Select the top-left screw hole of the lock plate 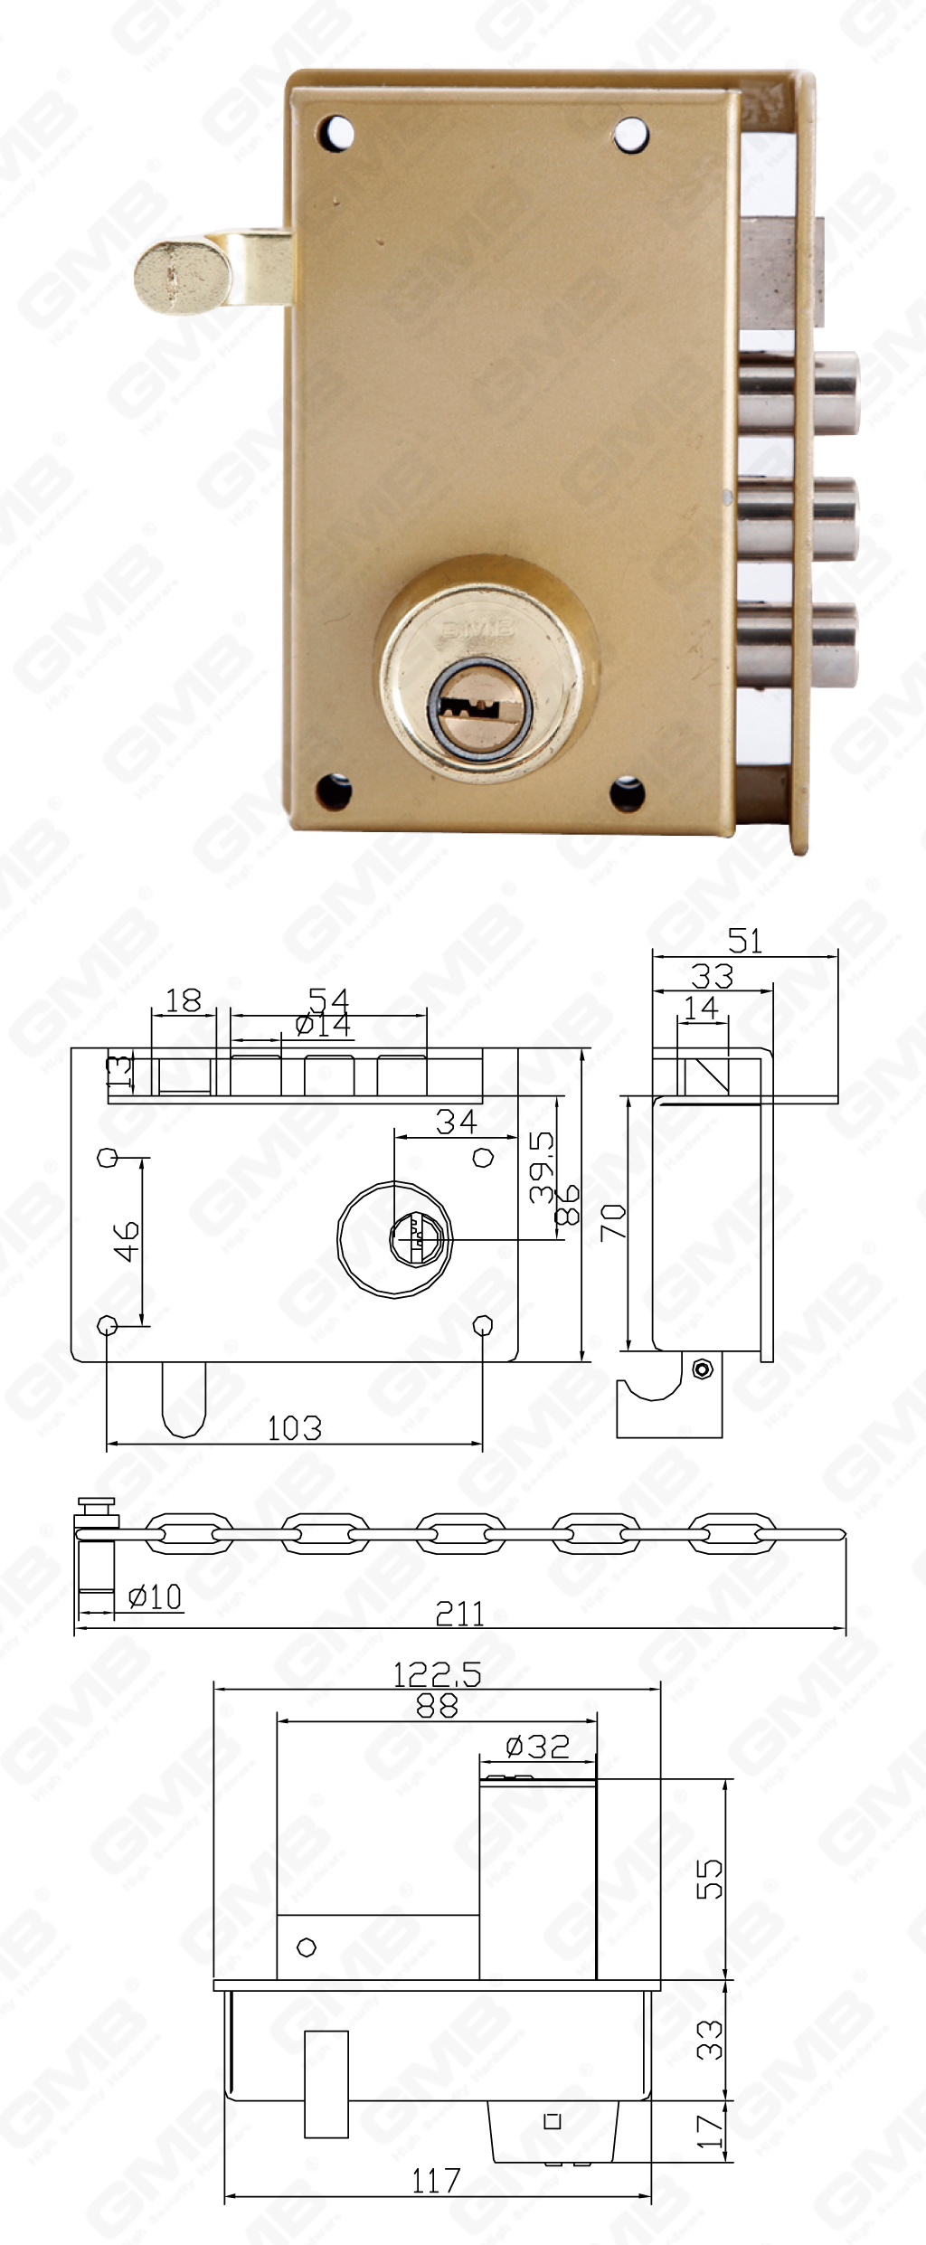click(x=335, y=132)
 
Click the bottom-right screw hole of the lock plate click(x=627, y=793)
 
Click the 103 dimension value click(x=294, y=1428)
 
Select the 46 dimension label click(x=127, y=1241)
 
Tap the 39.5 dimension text click(x=542, y=1167)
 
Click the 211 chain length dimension click(x=459, y=1613)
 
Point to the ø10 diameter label click(x=156, y=1596)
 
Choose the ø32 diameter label click(x=537, y=1746)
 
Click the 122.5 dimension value click(x=437, y=1674)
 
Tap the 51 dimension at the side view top click(x=745, y=941)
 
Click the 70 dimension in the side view click(x=614, y=1222)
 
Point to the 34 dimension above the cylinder click(x=456, y=1122)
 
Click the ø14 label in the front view click(x=323, y=1024)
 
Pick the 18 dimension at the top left click(x=184, y=1000)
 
